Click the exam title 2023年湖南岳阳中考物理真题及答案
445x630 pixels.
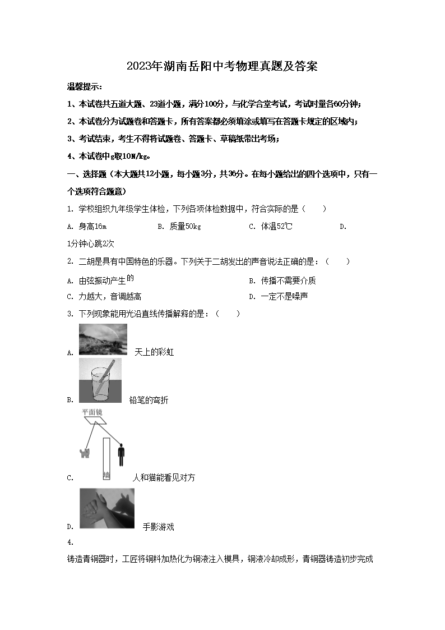click(222, 66)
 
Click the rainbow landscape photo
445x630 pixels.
click(103, 339)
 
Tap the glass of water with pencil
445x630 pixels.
click(100, 380)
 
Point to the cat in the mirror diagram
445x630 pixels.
click(85, 452)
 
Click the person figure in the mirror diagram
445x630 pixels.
click(120, 453)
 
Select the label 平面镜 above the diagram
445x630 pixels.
click(92, 412)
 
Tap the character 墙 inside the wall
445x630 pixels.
click(106, 476)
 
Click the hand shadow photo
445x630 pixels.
click(107, 508)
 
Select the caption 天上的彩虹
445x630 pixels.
click(154, 352)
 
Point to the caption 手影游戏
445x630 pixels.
click(158, 527)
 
